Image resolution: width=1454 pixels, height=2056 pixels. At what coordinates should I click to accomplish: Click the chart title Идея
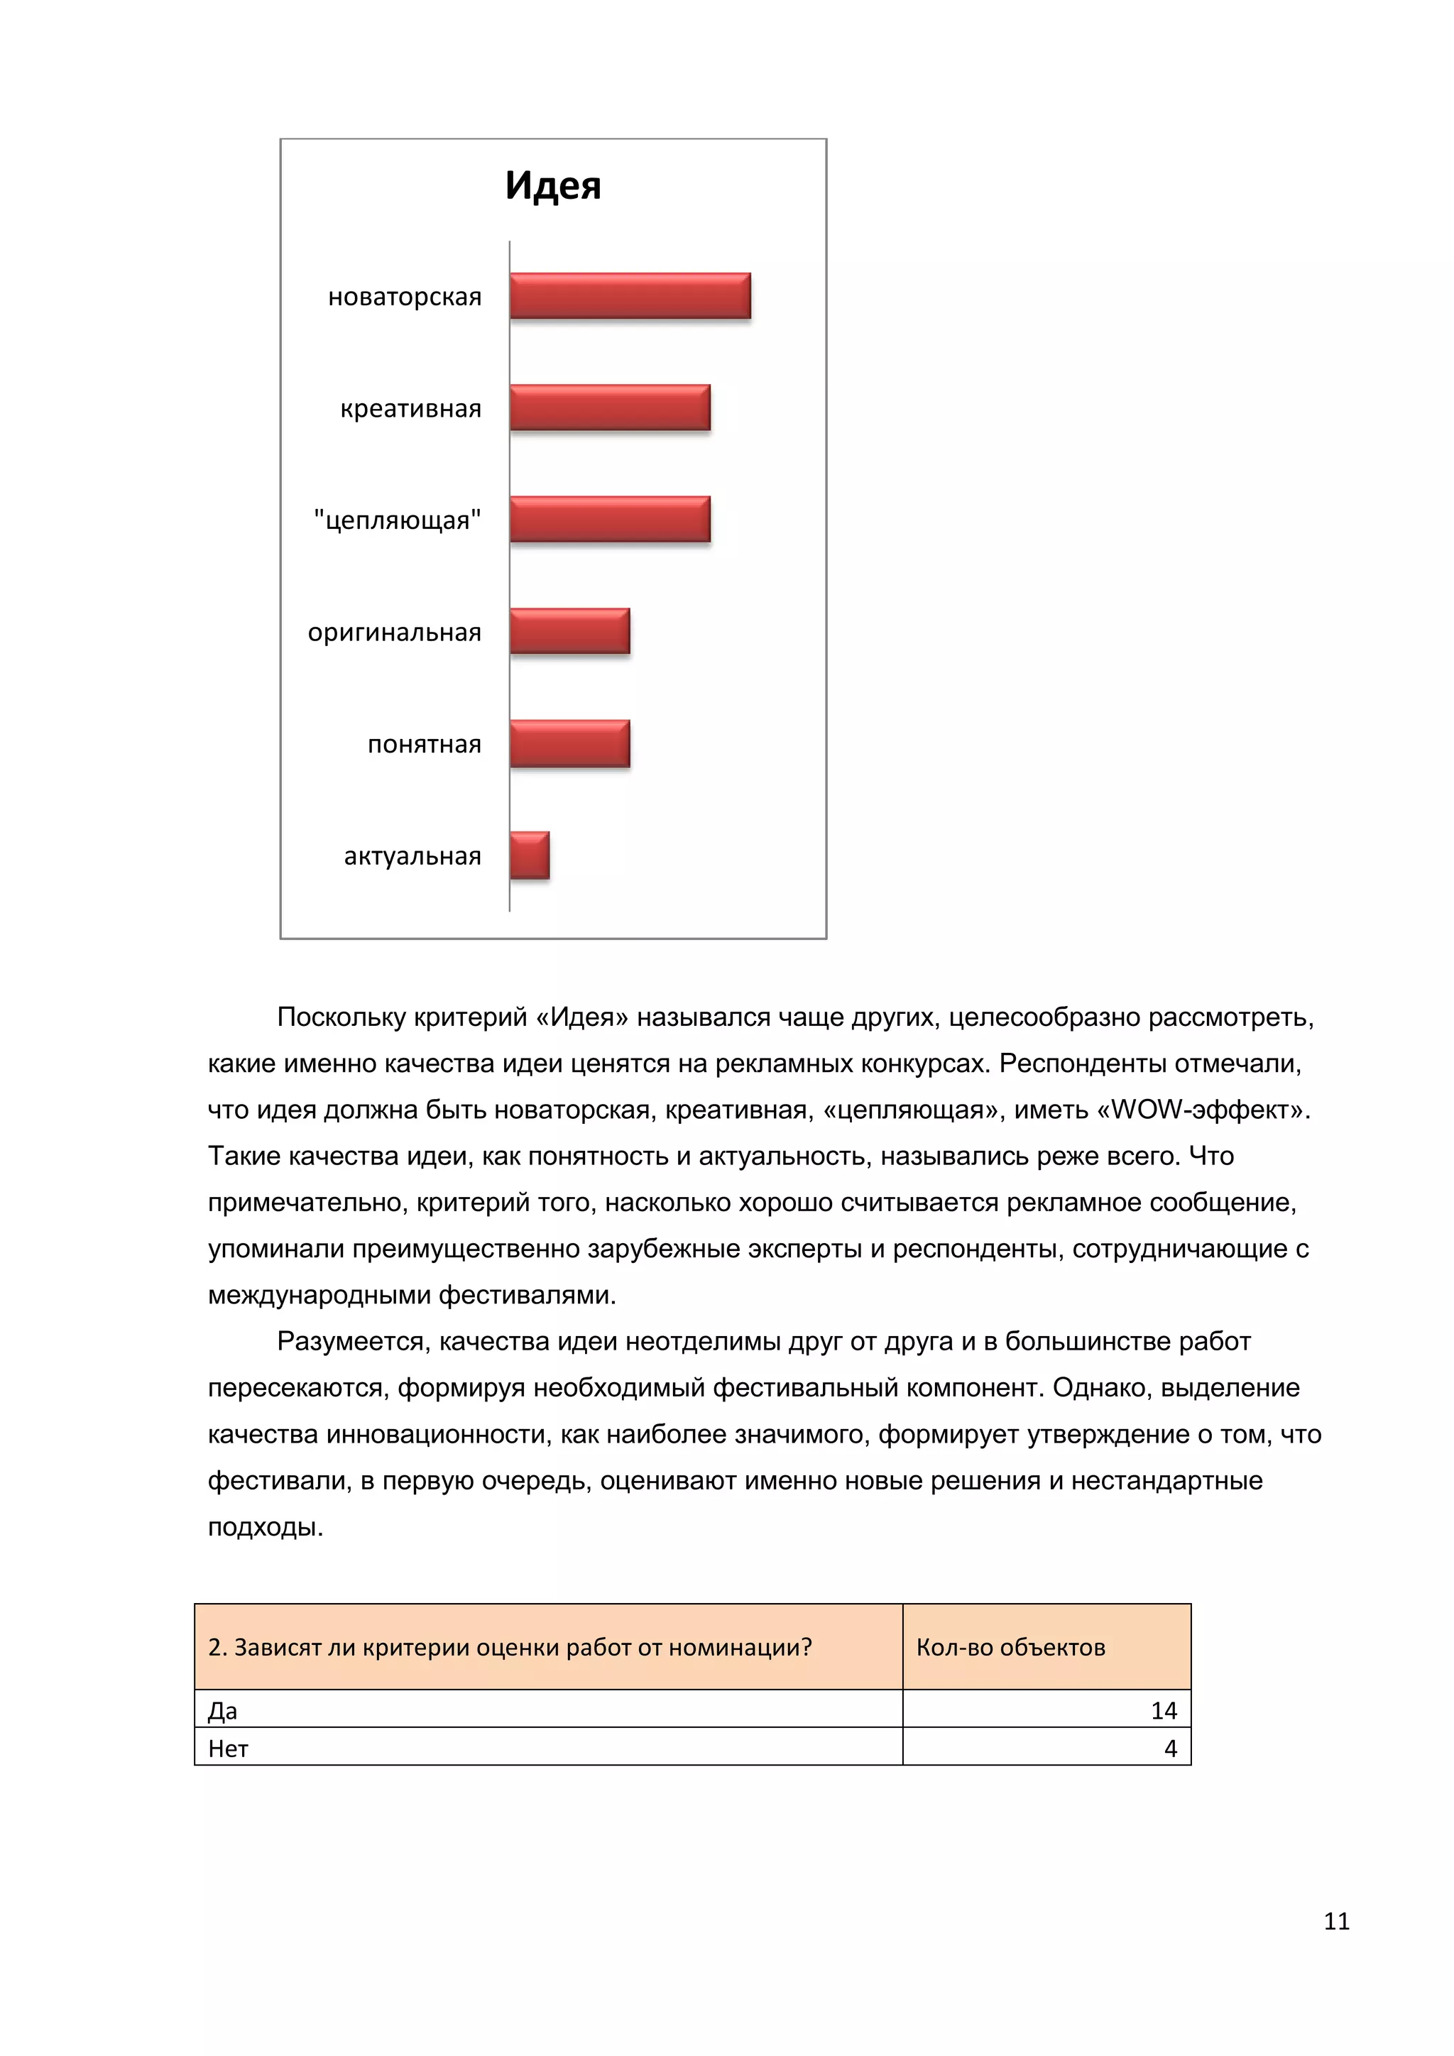point(552,185)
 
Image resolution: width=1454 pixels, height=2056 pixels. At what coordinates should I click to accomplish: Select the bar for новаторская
point(630,295)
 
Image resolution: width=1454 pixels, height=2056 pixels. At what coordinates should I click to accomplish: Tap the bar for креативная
point(610,408)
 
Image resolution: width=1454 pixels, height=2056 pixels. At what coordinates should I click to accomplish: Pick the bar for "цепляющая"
point(610,520)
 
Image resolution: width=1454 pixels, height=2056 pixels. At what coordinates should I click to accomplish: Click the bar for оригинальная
point(569,631)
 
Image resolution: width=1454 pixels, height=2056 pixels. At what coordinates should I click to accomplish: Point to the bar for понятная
point(569,743)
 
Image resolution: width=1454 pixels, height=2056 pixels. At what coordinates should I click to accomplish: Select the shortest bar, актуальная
point(529,855)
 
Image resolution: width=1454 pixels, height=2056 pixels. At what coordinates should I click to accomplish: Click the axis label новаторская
point(405,296)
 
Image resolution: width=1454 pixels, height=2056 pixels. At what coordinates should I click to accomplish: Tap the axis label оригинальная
point(394,632)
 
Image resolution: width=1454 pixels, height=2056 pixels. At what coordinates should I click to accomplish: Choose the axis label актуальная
point(412,856)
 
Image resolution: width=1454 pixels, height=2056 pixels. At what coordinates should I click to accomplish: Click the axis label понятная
point(425,744)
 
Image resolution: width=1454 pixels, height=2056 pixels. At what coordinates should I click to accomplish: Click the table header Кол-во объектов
point(1010,1647)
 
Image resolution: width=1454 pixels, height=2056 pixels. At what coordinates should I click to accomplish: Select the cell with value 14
point(1163,1710)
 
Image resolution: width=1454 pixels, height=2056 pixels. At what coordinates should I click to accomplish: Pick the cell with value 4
point(1169,1748)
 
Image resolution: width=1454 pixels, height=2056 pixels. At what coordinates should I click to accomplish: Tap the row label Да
point(222,1711)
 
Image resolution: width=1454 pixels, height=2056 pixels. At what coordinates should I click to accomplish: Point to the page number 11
point(1336,1922)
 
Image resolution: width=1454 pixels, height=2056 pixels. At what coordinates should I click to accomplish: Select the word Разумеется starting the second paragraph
point(354,1341)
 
